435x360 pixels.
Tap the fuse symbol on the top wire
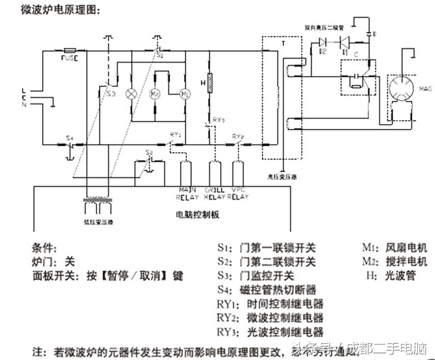click(70, 50)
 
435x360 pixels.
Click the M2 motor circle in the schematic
click(156, 92)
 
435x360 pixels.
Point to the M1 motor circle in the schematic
click(184, 92)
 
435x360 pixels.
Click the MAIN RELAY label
click(187, 194)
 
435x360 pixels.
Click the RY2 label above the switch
click(238, 137)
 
